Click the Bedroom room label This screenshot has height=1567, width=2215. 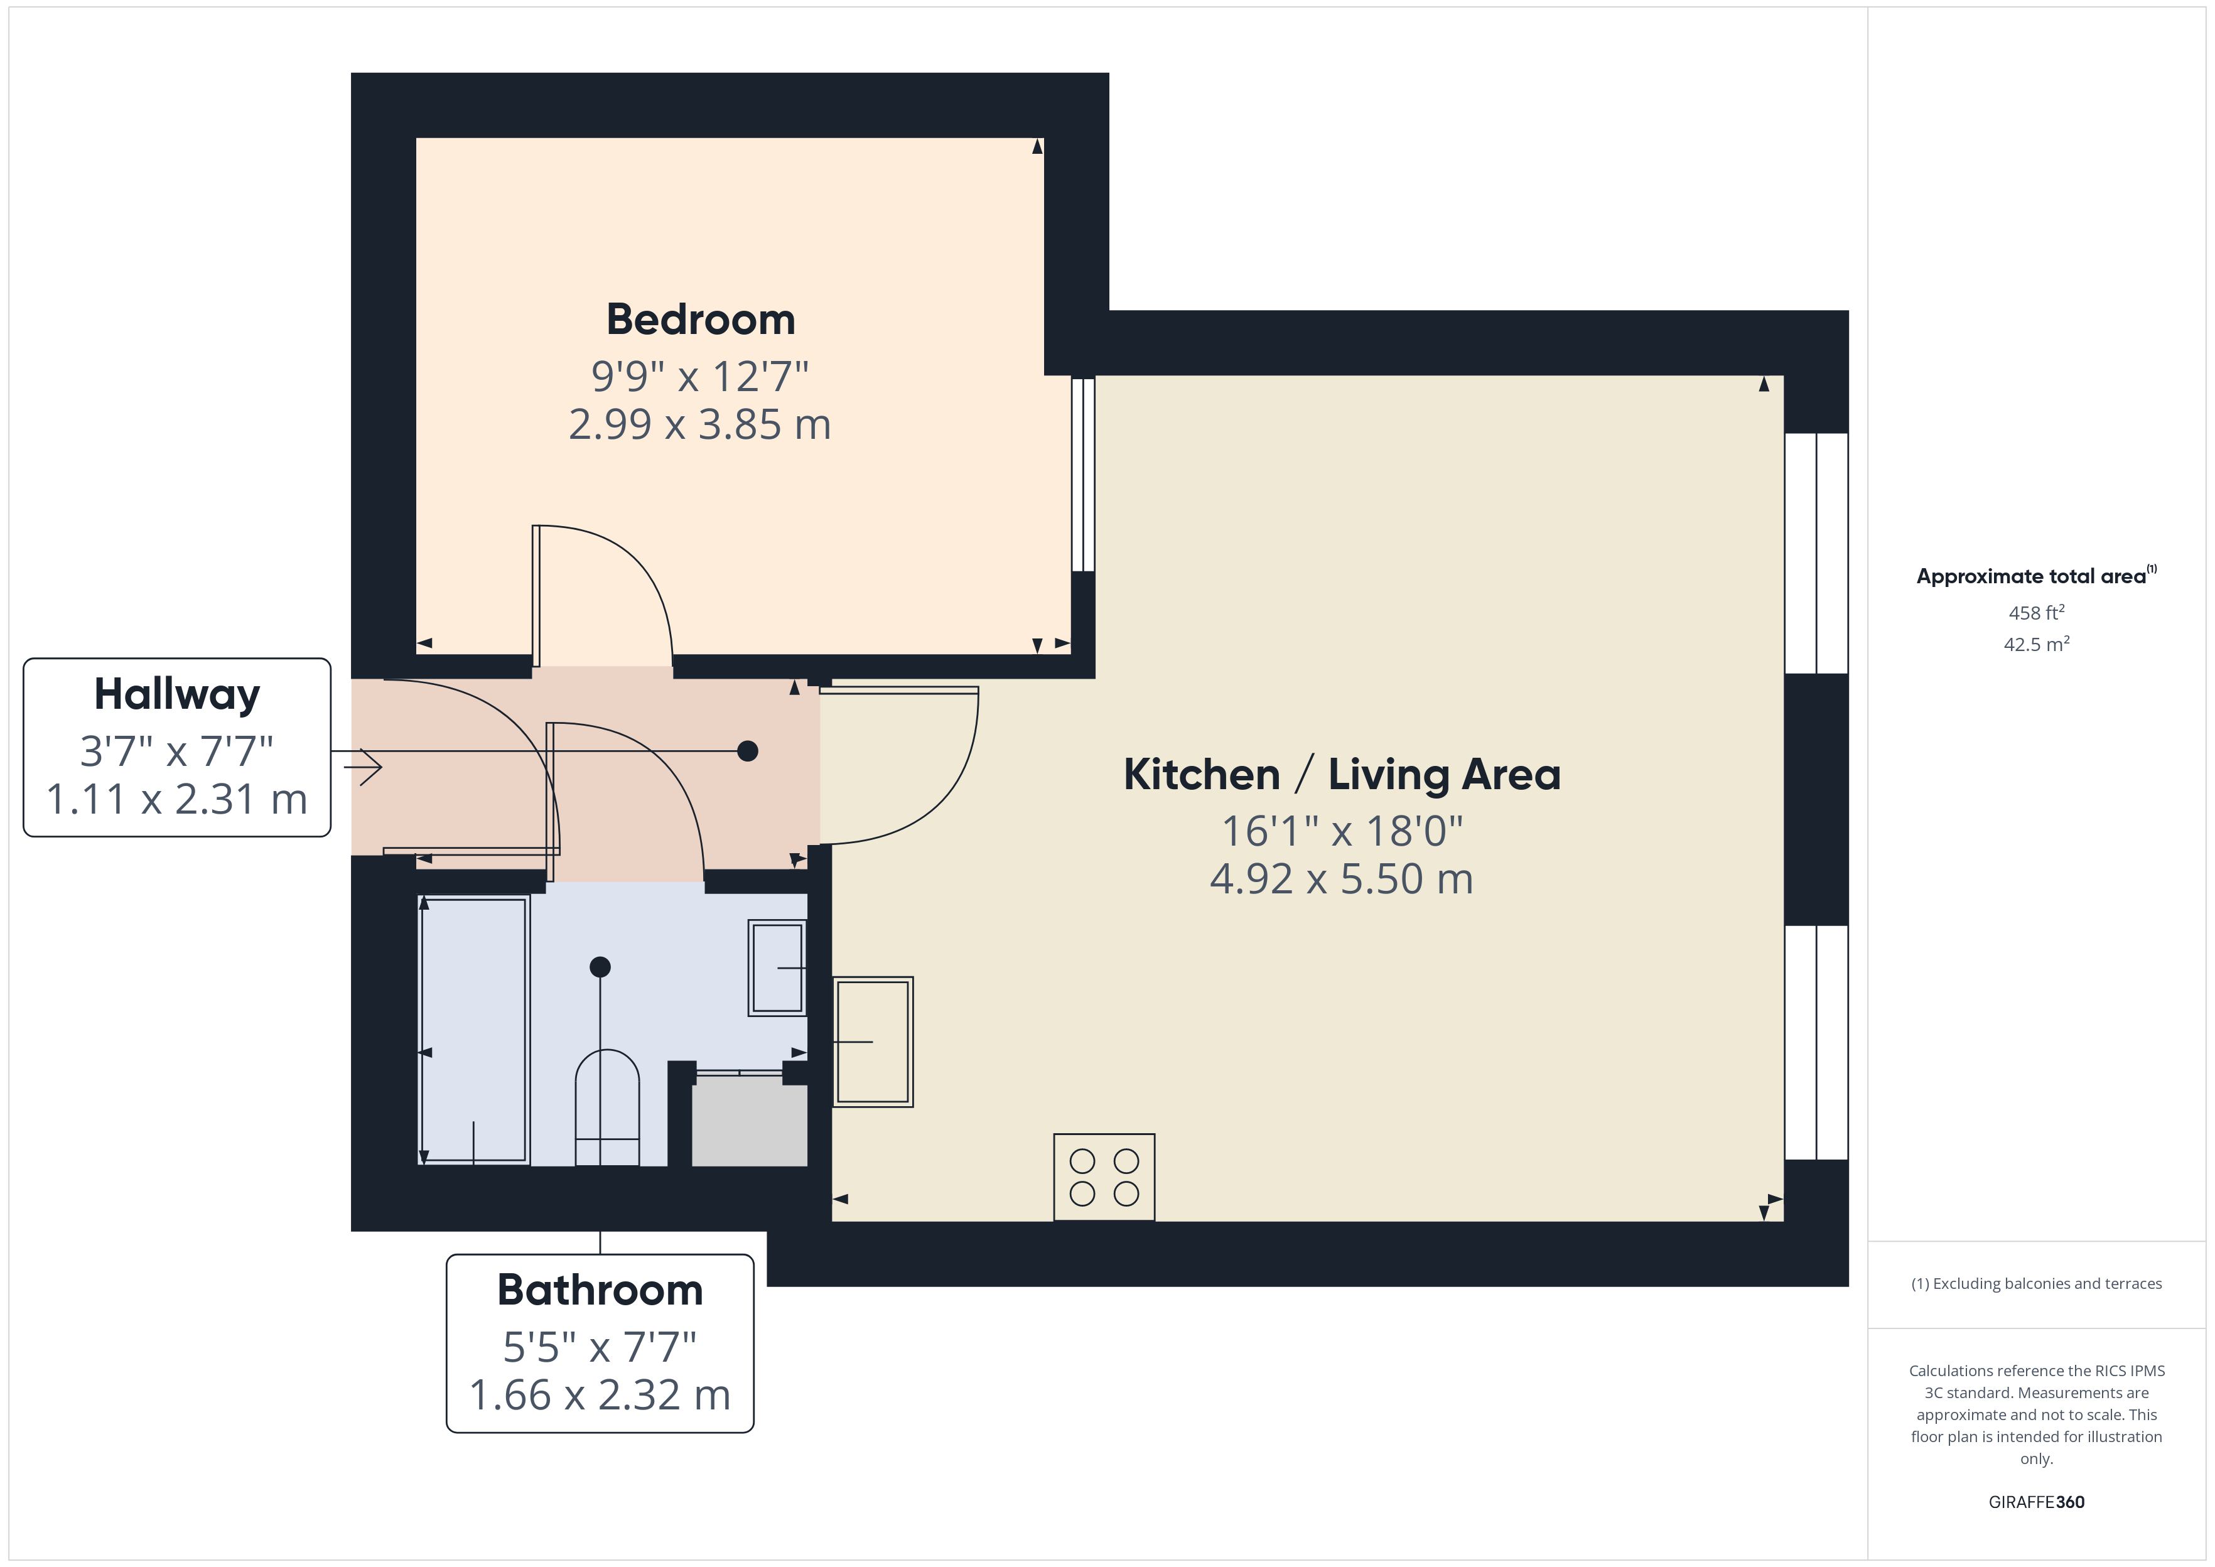click(x=701, y=320)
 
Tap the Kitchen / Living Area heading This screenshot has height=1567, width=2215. click(x=1341, y=775)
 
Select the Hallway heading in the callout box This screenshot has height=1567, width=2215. click(x=176, y=695)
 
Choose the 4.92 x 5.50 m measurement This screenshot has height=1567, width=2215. click(x=1341, y=879)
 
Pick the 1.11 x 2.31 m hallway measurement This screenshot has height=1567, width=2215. click(x=176, y=799)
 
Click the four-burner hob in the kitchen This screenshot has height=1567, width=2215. click(x=1104, y=1177)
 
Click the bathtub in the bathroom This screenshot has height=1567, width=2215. click(x=473, y=1030)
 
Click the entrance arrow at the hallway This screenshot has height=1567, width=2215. click(x=365, y=767)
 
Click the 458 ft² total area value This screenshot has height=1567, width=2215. click(x=2035, y=613)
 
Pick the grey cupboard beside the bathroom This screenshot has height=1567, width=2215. click(x=750, y=1122)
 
